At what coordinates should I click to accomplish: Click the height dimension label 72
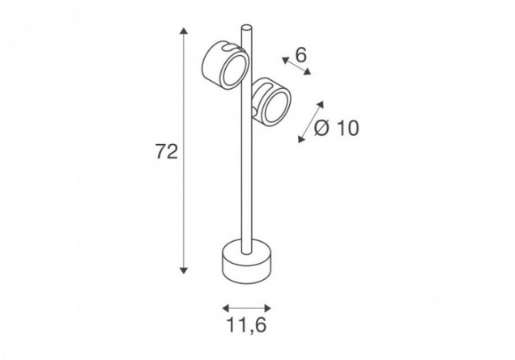[x=167, y=151]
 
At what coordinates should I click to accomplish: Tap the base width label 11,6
[x=246, y=325]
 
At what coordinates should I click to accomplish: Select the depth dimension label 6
[x=301, y=55]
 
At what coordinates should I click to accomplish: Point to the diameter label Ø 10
[x=336, y=128]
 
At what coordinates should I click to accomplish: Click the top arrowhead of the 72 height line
[x=184, y=32]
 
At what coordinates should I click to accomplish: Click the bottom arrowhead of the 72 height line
[x=184, y=270]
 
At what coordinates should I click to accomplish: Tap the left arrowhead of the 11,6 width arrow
[x=226, y=308]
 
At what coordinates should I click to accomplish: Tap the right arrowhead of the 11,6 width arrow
[x=268, y=308]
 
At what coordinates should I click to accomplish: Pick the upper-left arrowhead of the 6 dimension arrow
[x=285, y=60]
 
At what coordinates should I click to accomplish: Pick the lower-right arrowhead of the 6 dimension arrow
[x=307, y=71]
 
